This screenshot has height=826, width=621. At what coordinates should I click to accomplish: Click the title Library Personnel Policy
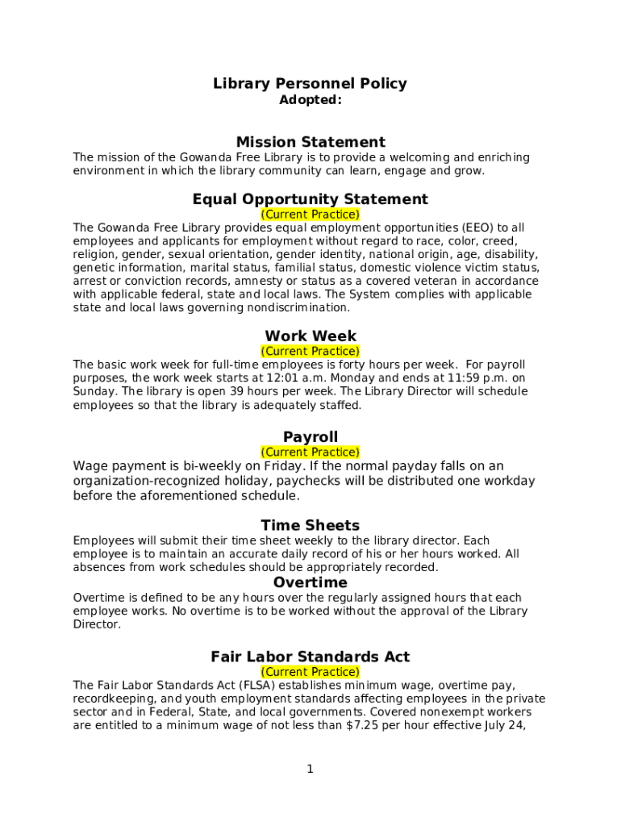(310, 83)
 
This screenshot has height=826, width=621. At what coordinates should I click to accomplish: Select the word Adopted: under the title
(310, 100)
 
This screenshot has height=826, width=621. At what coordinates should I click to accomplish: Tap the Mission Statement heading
(310, 142)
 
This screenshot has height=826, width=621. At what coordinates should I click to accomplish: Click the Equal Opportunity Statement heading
(310, 199)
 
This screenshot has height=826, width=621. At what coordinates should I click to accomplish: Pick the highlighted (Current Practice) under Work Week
(310, 351)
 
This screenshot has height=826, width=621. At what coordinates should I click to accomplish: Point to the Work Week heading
(310, 336)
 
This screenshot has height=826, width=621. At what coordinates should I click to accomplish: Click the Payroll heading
(310, 437)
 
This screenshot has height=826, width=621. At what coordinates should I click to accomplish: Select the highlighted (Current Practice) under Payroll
(310, 452)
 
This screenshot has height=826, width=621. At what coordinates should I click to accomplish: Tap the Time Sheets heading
(310, 526)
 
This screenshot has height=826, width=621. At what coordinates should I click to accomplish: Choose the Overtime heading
(310, 582)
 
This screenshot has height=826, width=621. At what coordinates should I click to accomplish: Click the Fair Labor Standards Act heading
(310, 657)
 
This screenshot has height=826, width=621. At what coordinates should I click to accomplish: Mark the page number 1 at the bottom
(310, 770)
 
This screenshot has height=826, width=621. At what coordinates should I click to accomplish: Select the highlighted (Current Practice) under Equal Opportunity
(310, 215)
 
